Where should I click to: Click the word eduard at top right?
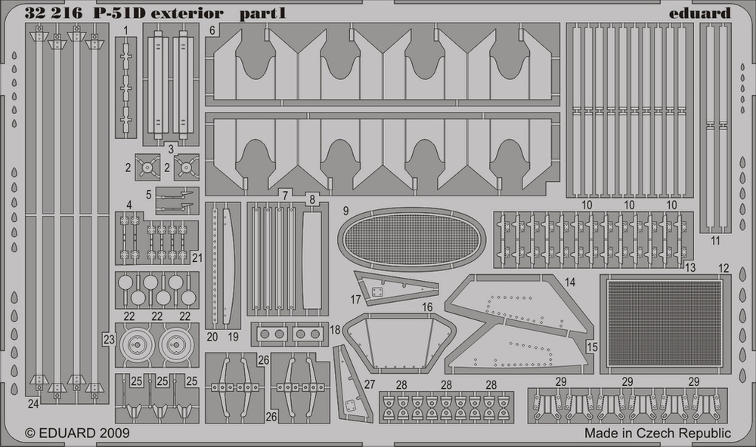[701, 13]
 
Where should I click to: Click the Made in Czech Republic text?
[657, 433]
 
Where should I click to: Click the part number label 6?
[213, 31]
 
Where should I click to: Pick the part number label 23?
[109, 340]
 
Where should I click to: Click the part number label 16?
[427, 307]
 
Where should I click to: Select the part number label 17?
[355, 300]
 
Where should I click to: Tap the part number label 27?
[369, 384]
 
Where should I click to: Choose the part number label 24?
[33, 403]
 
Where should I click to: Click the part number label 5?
[150, 193]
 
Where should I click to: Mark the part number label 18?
[335, 330]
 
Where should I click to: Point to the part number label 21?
[197, 257]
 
